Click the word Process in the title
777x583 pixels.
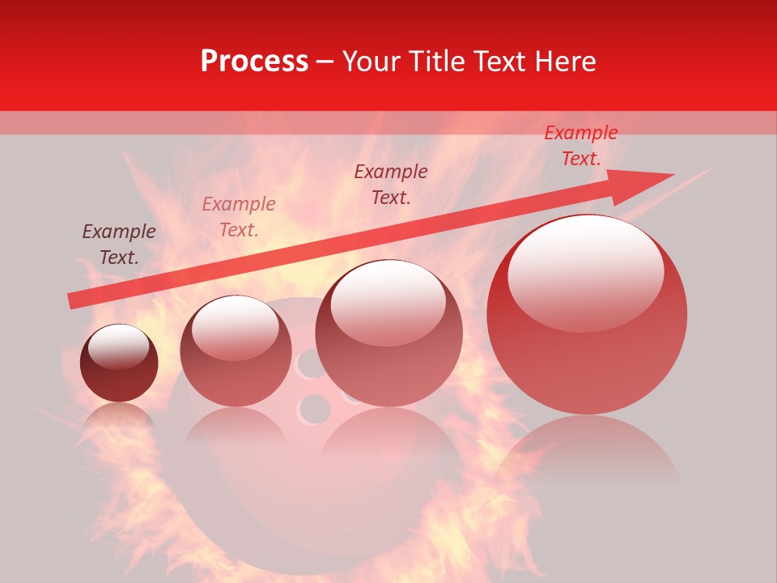point(254,62)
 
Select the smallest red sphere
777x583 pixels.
point(119,363)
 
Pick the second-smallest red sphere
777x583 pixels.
point(236,351)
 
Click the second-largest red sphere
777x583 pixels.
point(388,333)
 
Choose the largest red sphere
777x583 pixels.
point(587,316)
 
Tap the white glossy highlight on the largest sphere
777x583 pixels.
point(585,271)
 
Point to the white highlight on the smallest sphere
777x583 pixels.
point(119,347)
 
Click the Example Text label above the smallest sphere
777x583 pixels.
point(119,244)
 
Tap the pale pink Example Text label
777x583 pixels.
point(238,216)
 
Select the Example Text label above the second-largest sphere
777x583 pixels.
point(391,184)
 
